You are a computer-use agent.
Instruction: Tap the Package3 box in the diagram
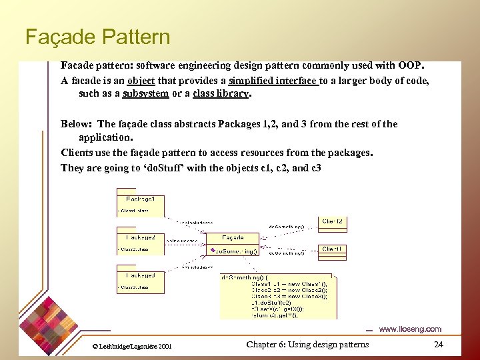click(141, 279)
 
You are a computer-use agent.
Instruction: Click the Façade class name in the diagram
click(233, 237)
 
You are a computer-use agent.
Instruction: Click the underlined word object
click(141, 81)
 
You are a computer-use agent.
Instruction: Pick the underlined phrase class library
click(220, 93)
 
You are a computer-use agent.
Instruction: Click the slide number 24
click(438, 345)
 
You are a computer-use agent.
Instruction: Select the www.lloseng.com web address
click(410, 329)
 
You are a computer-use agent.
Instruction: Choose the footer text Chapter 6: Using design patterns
click(307, 345)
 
